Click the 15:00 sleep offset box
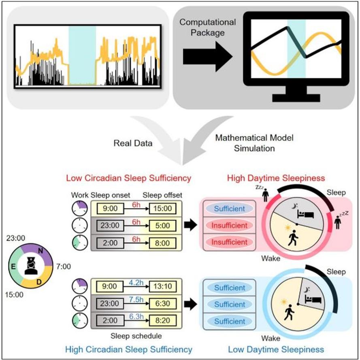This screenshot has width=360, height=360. (162, 209)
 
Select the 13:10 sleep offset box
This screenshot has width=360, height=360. (163, 286)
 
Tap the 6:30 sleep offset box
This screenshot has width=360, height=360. (163, 304)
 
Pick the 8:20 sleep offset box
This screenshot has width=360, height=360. (163, 320)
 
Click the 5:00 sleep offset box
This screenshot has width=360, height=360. (162, 226)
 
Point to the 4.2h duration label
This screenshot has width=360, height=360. (136, 282)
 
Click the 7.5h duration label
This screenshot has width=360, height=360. (136, 299)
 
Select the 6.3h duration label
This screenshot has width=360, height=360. (136, 316)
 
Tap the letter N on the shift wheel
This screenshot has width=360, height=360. (40, 251)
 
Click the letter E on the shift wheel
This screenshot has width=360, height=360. (13, 266)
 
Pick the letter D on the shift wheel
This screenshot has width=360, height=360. (39, 282)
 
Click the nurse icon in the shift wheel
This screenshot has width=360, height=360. (31, 266)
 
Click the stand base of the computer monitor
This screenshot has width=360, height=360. (296, 98)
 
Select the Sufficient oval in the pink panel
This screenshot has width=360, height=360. (229, 209)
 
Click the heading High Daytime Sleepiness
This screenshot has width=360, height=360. (276, 178)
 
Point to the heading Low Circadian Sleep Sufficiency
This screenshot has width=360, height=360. (129, 178)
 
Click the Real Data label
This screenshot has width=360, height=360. (133, 143)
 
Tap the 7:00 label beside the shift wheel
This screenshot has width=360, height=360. (64, 266)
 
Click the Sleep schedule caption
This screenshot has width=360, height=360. (136, 336)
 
